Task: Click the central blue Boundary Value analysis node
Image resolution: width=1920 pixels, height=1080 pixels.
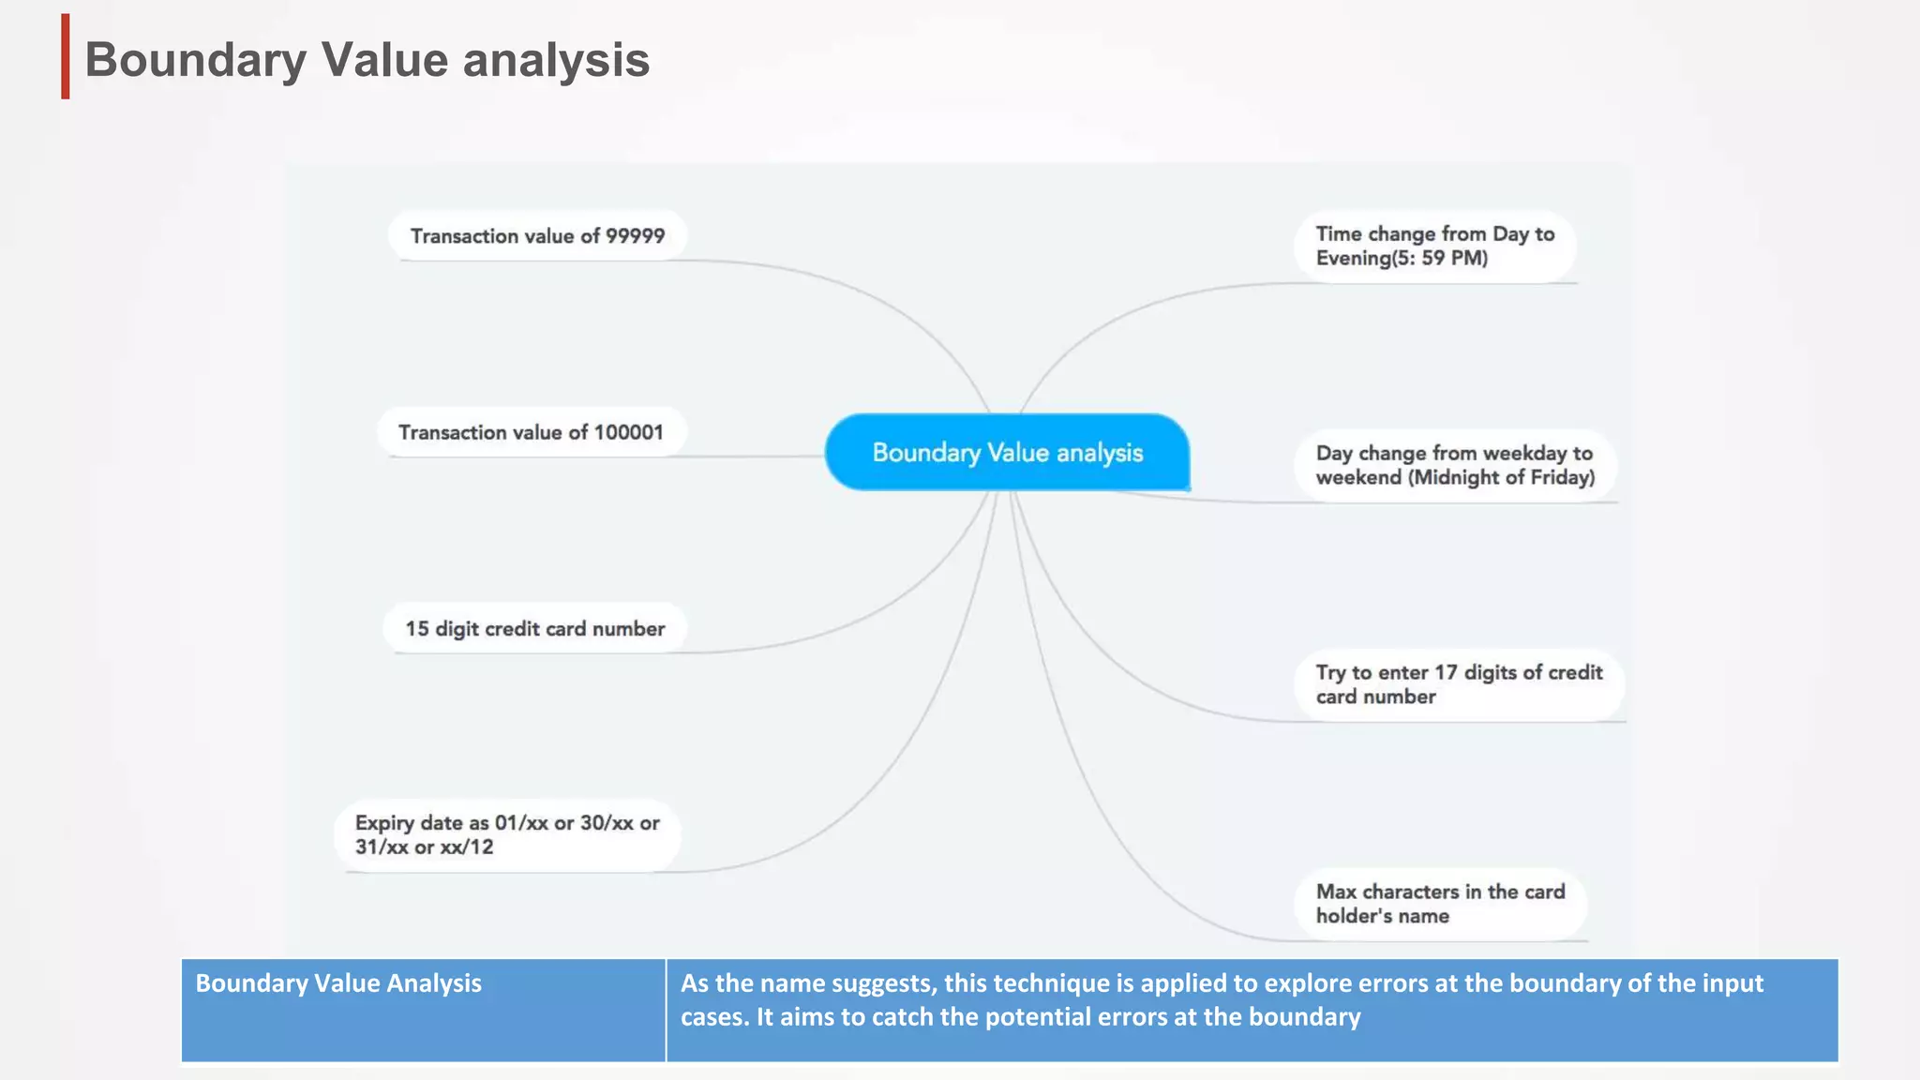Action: (1007, 452)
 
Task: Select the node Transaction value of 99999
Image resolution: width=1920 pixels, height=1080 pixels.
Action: (537, 235)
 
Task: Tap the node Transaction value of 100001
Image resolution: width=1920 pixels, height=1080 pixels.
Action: (531, 432)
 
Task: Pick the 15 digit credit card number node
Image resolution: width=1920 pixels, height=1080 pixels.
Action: (534, 628)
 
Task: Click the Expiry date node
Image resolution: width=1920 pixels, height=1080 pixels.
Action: (507, 834)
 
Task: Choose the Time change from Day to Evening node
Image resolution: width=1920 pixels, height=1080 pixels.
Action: (1434, 246)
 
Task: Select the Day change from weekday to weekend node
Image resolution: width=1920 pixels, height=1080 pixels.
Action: (1454, 465)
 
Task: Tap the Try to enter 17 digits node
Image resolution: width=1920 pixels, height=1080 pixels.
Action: (1458, 684)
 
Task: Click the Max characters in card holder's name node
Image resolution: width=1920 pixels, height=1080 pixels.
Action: (1440, 904)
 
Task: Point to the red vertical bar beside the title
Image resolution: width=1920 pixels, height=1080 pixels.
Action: (66, 56)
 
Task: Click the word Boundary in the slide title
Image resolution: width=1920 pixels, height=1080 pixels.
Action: (195, 60)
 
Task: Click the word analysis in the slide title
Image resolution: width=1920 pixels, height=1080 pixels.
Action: (556, 60)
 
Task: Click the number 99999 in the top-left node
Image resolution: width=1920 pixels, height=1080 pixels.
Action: (635, 235)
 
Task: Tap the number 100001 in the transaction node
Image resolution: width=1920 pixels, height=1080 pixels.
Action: (628, 432)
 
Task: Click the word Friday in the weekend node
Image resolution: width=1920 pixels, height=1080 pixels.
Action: (1559, 477)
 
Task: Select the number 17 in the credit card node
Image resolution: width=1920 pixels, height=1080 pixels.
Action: (1446, 672)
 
